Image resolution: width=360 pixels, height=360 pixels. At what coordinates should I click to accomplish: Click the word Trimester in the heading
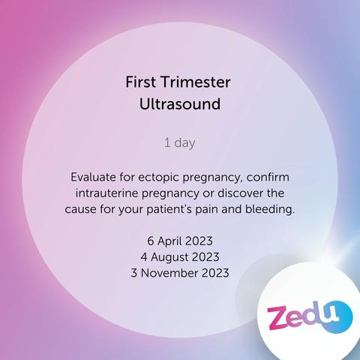point(195,82)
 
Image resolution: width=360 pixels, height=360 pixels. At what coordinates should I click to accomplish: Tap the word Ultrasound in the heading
point(180,103)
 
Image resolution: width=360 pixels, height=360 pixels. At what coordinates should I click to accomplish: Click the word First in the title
point(141,82)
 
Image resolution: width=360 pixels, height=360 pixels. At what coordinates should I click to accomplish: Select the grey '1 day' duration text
point(180,143)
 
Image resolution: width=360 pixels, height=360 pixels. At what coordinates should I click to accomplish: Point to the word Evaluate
point(93,177)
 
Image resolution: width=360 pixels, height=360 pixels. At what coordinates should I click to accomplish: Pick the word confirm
point(268,177)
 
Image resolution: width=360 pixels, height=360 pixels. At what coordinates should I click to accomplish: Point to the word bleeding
point(270,210)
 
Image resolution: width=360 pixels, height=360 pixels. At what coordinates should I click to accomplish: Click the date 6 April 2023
point(180,241)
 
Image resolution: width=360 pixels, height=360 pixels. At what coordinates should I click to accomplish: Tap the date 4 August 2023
point(180,257)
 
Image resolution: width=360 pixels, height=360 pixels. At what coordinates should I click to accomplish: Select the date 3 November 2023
point(180,273)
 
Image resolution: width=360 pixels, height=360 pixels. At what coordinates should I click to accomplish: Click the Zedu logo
point(310,316)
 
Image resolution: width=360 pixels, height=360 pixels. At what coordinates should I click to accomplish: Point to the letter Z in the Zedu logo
point(277,318)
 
